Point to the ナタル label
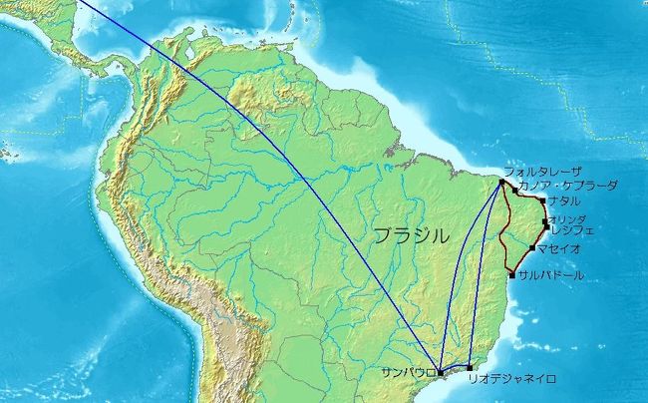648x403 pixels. [x=564, y=201]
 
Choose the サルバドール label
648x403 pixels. [x=551, y=275]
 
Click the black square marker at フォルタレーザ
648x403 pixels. [x=501, y=181]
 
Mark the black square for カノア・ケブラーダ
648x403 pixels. [x=515, y=190]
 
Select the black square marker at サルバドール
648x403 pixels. [x=512, y=274]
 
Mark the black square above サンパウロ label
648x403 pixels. [x=440, y=372]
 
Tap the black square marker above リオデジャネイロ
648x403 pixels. [x=470, y=368]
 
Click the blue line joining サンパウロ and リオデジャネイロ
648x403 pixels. [x=455, y=370]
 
